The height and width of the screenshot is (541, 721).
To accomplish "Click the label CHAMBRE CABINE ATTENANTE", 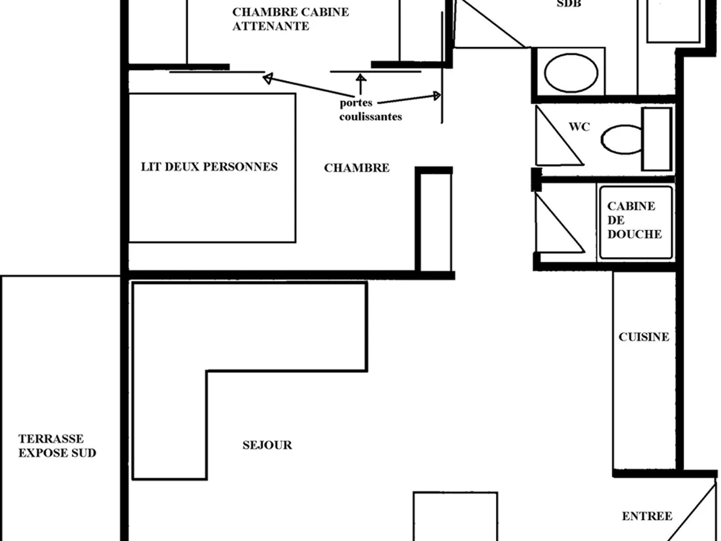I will click(x=290, y=19).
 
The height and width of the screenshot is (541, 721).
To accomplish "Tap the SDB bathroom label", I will click(x=569, y=4).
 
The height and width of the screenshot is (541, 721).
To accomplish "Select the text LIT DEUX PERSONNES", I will click(x=209, y=167).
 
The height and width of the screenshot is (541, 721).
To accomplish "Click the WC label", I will click(x=579, y=127).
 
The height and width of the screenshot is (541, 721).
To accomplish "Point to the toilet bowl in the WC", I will click(x=621, y=139).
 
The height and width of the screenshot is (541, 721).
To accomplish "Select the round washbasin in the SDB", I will click(x=571, y=73).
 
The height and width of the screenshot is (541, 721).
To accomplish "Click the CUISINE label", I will click(x=643, y=337).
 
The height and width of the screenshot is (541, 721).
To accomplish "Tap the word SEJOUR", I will click(x=267, y=445).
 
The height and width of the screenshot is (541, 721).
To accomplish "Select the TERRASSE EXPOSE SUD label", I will click(x=57, y=446).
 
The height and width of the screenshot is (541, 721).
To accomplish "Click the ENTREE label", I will click(x=646, y=516).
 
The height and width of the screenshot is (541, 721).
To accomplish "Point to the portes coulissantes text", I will click(x=370, y=110).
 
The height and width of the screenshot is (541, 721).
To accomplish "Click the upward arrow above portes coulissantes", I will click(x=361, y=83).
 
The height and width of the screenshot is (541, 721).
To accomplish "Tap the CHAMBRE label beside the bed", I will click(x=356, y=168).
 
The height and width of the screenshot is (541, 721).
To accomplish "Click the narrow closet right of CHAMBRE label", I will click(x=434, y=222).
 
